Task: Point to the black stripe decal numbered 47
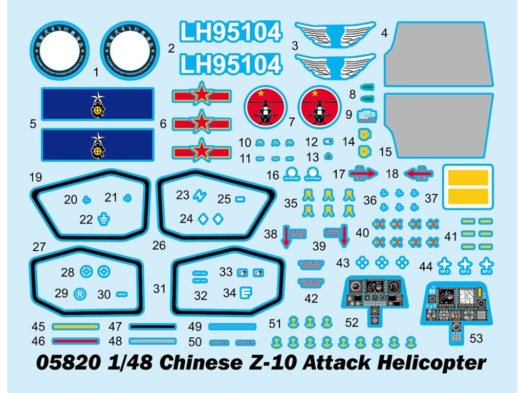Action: coord(152,326)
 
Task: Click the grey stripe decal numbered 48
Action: coord(152,341)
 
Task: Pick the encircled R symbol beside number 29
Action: coord(79,294)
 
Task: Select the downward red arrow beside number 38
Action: coord(287,236)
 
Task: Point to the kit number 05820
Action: coord(69,363)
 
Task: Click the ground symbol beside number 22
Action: coord(103,220)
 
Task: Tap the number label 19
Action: coord(35,178)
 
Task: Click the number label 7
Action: coord(292,122)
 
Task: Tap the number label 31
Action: coord(160,289)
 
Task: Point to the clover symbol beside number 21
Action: coord(128,196)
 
